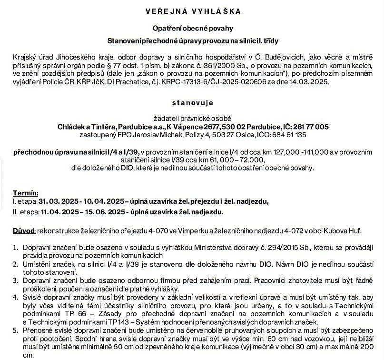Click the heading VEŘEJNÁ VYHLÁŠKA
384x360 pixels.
(192, 10)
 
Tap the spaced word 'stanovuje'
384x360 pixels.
(192, 102)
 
